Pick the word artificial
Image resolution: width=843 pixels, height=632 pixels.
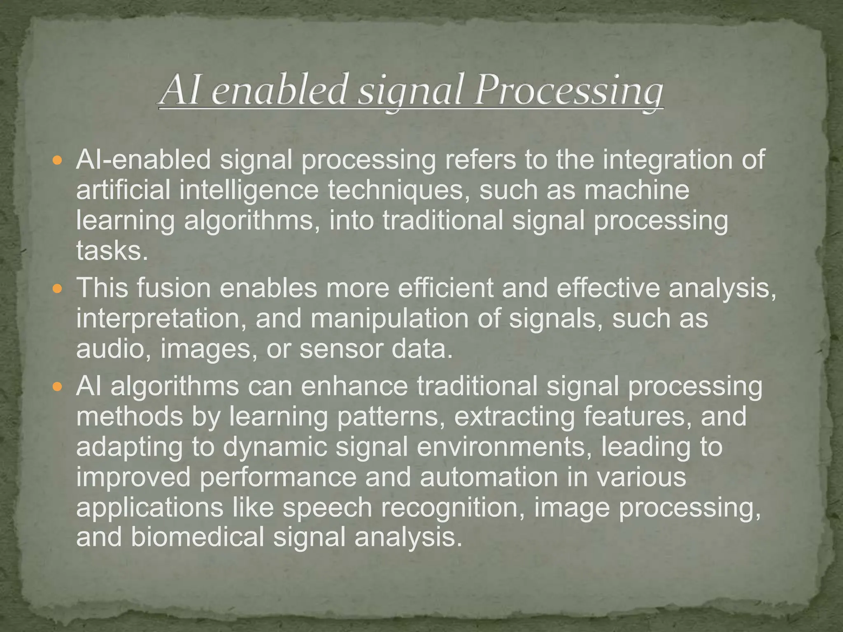[x=123, y=190]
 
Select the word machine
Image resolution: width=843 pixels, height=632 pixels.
[x=636, y=190]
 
